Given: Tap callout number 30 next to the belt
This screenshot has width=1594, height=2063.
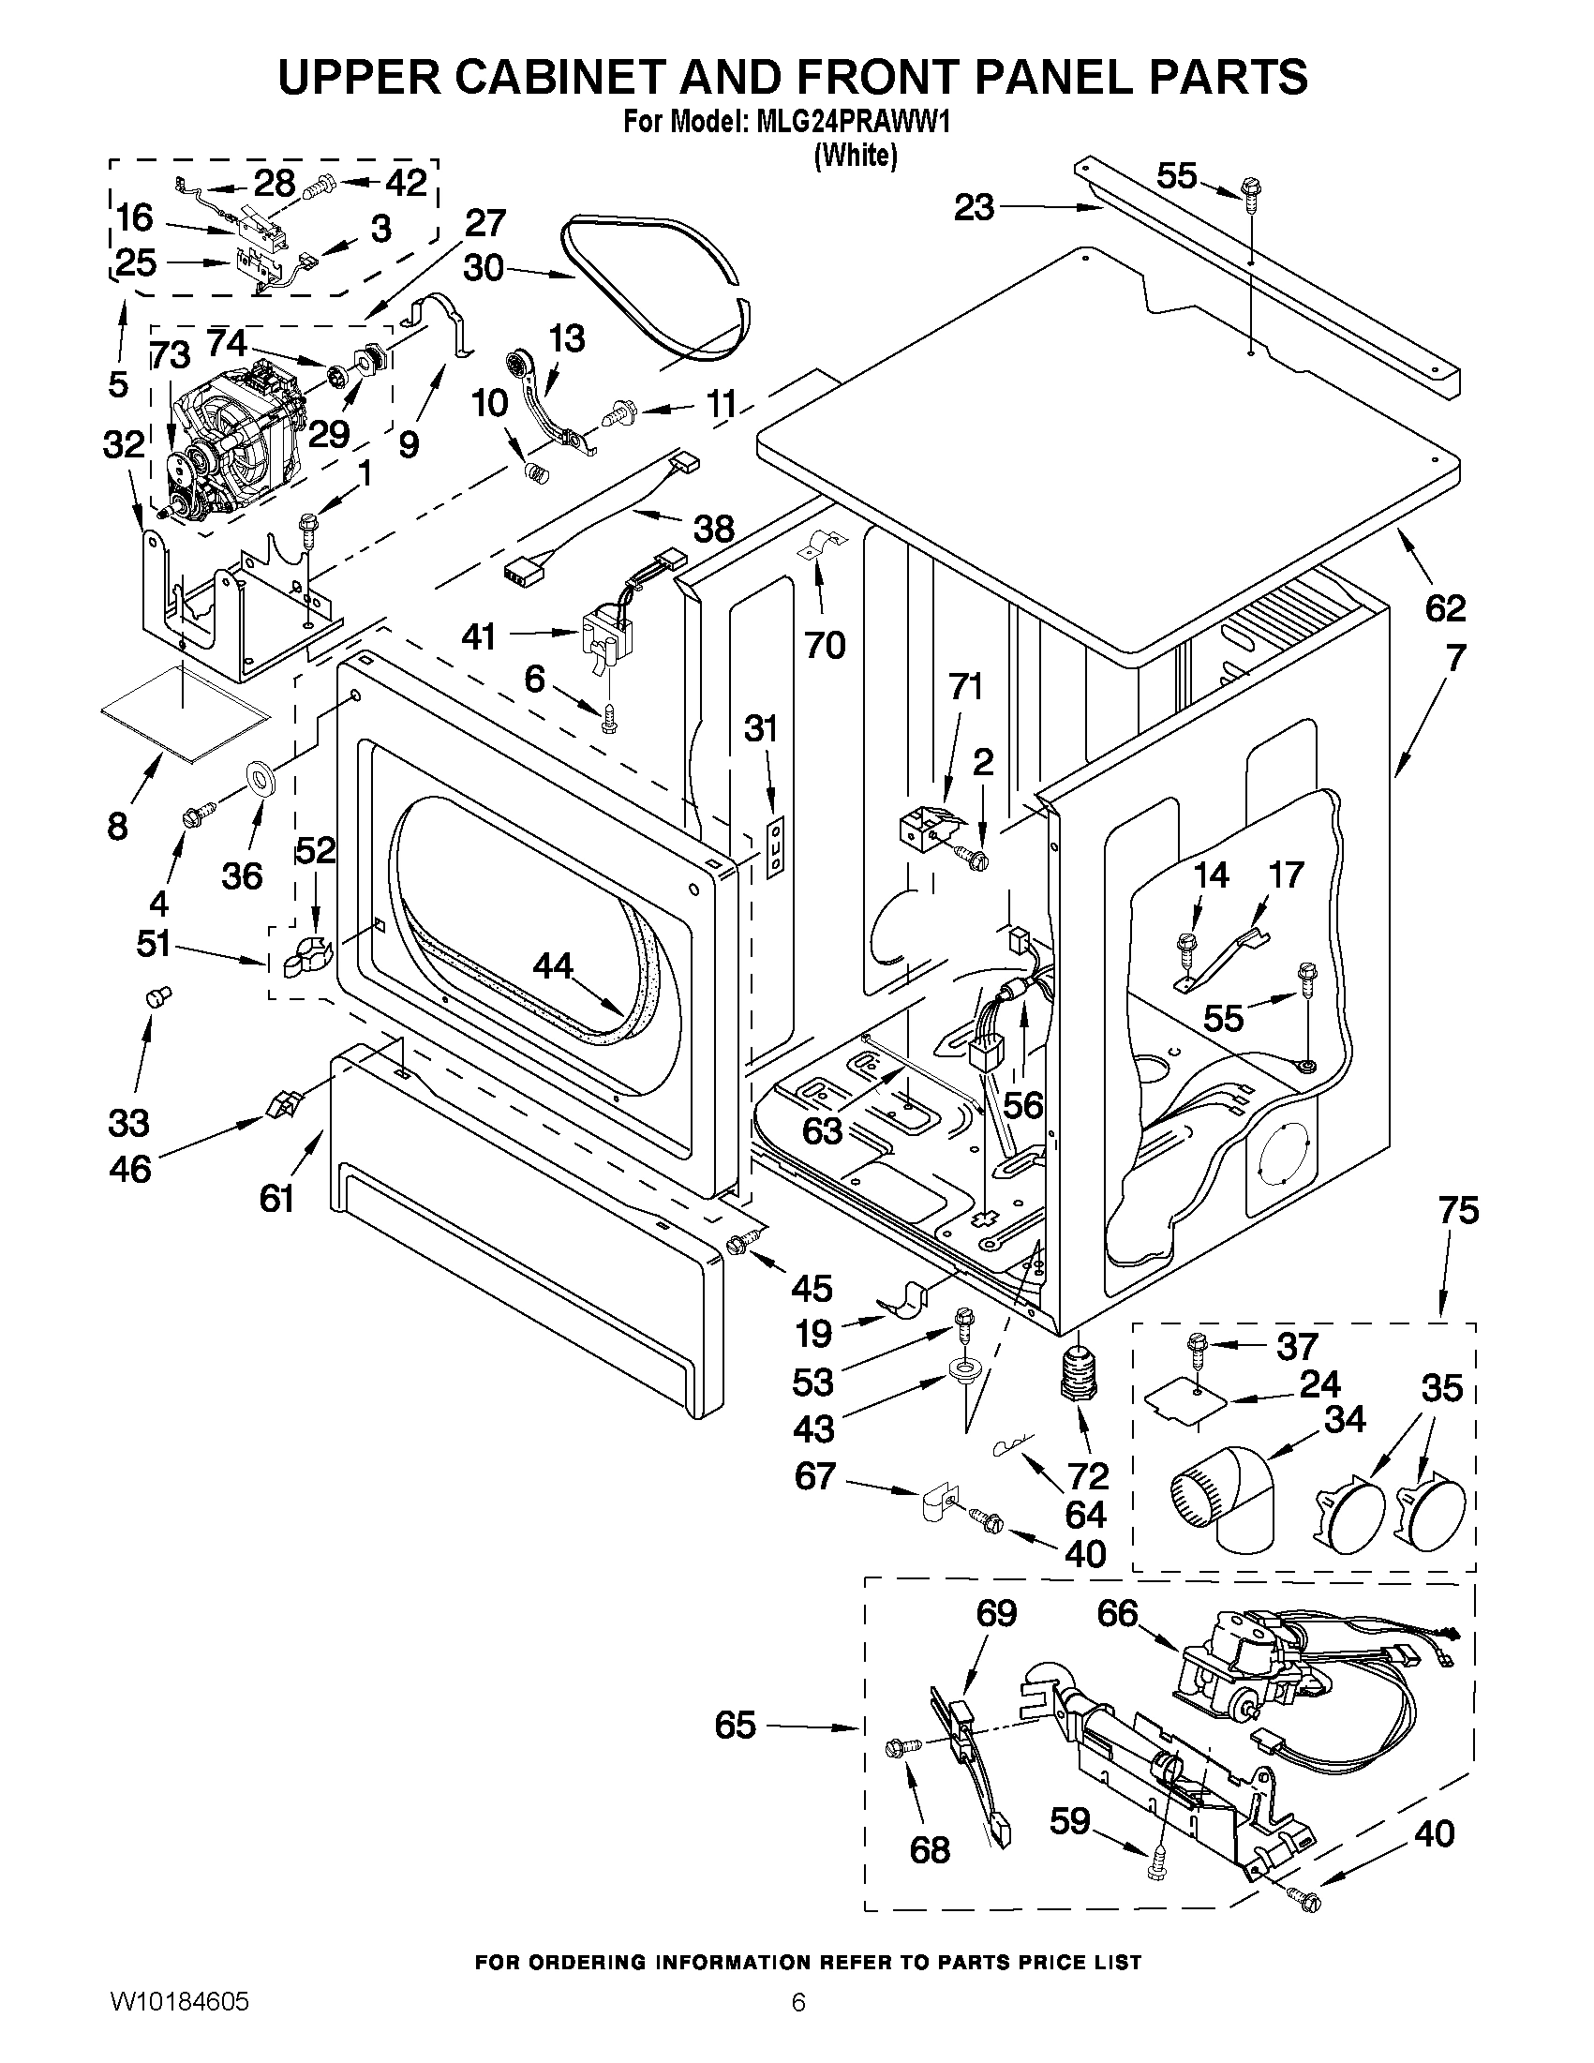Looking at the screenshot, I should coord(484,268).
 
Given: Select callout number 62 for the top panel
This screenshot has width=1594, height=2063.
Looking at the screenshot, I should coord(1445,608).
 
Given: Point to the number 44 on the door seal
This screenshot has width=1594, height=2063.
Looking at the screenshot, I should coord(554,965).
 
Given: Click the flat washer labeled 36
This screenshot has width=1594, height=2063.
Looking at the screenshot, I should coord(261,776).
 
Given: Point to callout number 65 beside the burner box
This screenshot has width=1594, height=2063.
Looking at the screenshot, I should coord(736,1726).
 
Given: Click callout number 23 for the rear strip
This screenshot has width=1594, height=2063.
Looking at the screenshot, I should coord(974,207).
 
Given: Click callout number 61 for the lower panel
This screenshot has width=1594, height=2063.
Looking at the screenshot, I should coord(276,1199).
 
